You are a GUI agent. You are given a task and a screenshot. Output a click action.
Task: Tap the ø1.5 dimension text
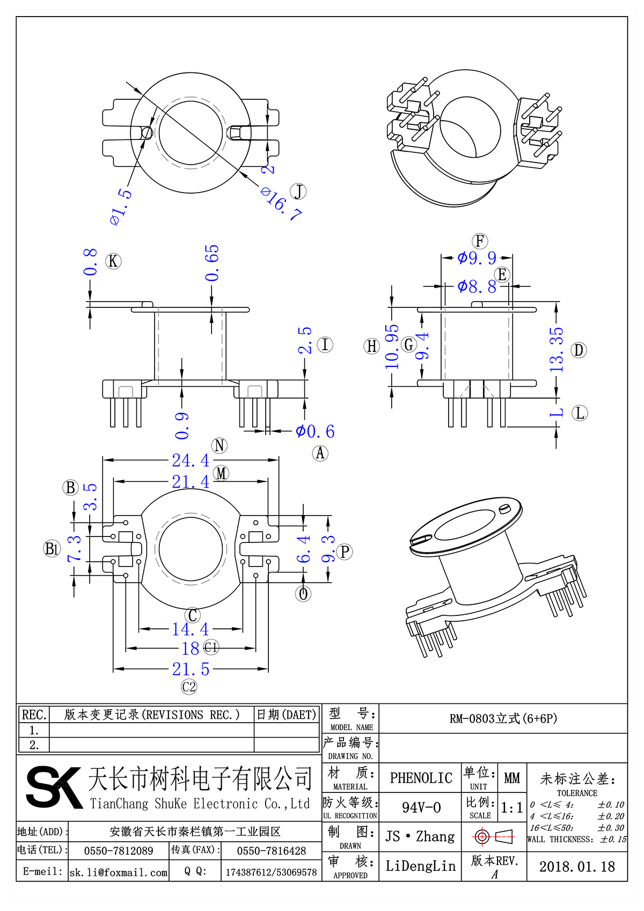121,207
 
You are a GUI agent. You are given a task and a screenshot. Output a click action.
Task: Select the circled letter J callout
298,191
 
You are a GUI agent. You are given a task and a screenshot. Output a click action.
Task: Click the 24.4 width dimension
191,460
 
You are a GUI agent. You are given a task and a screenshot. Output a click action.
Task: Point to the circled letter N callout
219,445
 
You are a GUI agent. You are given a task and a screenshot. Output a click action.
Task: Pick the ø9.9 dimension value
477,258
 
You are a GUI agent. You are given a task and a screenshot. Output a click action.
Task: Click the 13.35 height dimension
557,350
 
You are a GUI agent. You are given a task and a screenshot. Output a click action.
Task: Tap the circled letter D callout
579,350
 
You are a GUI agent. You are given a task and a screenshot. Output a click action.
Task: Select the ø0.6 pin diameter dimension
315,431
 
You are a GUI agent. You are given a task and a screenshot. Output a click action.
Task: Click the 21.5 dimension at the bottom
191,669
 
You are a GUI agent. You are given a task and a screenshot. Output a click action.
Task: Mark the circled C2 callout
189,687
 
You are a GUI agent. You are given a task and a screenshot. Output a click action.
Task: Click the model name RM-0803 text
503,718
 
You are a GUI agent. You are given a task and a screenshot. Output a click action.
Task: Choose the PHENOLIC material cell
421,778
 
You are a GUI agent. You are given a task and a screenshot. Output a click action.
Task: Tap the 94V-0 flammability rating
421,807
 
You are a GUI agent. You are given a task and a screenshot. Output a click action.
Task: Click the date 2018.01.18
577,866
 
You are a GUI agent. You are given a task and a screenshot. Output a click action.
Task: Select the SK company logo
54,787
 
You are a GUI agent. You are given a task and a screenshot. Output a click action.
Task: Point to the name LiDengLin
420,866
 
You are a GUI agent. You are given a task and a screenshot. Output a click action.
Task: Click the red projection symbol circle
481,836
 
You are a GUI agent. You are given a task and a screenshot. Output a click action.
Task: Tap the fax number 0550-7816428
271,851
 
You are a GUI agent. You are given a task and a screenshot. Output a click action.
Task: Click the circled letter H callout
372,346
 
